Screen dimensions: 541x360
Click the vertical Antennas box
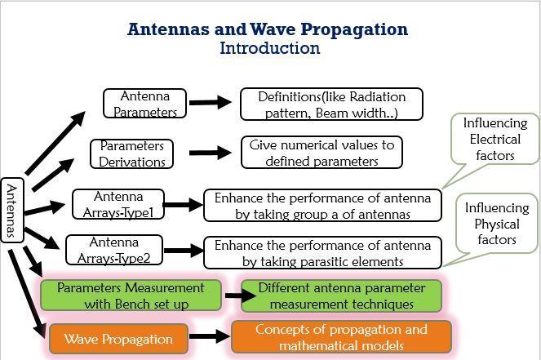(x=12, y=210)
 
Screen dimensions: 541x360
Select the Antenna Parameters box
(x=145, y=104)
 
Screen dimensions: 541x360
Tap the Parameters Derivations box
(x=132, y=154)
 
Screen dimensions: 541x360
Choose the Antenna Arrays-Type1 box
(x=118, y=204)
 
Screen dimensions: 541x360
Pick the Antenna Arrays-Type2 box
(x=114, y=250)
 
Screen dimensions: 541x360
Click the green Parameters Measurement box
(x=131, y=296)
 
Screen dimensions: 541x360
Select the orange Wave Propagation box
(x=118, y=339)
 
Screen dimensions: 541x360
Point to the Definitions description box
(x=331, y=104)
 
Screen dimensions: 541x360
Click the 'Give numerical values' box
(x=322, y=153)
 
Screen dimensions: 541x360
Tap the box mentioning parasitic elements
(x=322, y=253)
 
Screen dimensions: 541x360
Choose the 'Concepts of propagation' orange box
(x=341, y=337)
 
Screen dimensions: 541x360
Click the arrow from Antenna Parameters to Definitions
(x=211, y=102)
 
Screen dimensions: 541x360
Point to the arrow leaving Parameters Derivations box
(x=211, y=153)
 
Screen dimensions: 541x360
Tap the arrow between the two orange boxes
(x=210, y=336)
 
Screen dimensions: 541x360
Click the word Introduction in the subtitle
(x=270, y=48)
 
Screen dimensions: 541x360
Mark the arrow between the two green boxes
(x=241, y=296)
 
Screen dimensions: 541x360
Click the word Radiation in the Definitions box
(x=378, y=97)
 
